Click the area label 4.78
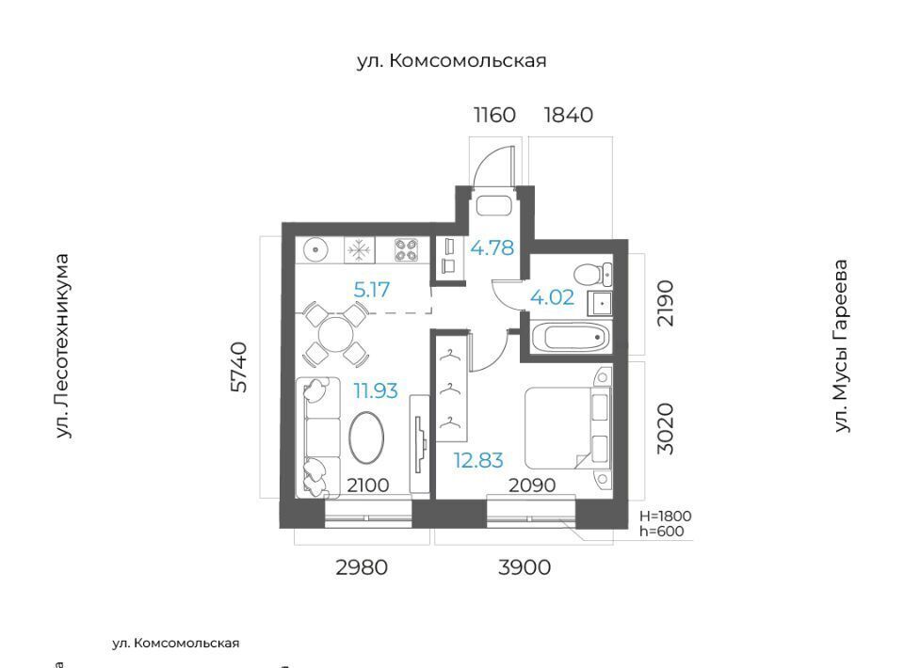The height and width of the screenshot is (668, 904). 492,248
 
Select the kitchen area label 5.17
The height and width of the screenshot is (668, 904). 372,290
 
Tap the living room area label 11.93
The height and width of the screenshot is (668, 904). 376,391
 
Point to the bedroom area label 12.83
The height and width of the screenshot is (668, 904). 478,461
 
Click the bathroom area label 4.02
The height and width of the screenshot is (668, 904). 552,297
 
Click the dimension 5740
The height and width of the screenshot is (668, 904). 238,367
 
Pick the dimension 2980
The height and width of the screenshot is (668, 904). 362,568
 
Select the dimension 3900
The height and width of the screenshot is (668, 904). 525,568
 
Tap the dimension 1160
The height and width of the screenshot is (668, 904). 494,115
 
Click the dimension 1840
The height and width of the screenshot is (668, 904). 569,115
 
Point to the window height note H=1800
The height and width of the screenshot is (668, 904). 666,516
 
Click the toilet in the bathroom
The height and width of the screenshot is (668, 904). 594,275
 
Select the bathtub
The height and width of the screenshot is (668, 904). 571,336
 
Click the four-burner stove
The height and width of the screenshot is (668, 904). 407,250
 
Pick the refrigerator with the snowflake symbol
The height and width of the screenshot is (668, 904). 359,250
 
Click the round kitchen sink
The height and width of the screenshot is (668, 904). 315,250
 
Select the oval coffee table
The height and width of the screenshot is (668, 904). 367,437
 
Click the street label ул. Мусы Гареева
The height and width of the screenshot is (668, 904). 842,345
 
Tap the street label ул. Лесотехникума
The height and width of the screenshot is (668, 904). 62,346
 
